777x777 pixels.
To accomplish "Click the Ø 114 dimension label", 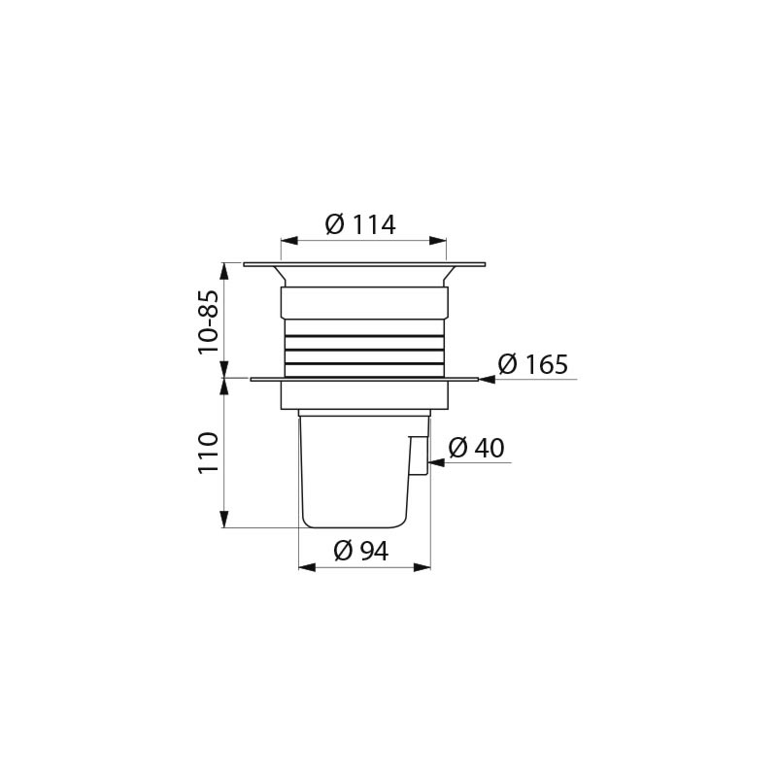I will pos(360,224).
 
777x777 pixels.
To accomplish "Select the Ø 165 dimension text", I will pos(532,365).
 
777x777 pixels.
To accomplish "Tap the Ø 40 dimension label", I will pos(476,448).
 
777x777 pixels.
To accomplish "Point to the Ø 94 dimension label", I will pos(360,551).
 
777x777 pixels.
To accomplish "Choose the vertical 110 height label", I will pos(208,453).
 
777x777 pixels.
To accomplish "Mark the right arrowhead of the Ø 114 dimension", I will pos(439,241).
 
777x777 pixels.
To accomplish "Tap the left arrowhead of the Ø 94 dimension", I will pos(305,566).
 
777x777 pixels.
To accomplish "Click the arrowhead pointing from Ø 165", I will pos(487,380).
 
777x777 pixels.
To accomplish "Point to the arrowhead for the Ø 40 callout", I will pos(436,463).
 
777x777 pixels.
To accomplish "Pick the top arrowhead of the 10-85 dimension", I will pos(224,269).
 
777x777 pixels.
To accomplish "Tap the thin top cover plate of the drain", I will pos(364,264).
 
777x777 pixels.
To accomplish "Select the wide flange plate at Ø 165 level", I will pos(364,379).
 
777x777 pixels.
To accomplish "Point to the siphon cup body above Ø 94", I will pos(354,471).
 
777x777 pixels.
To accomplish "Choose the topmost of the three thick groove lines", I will pos(364,335).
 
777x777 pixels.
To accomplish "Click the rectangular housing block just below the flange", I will pos(364,394).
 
